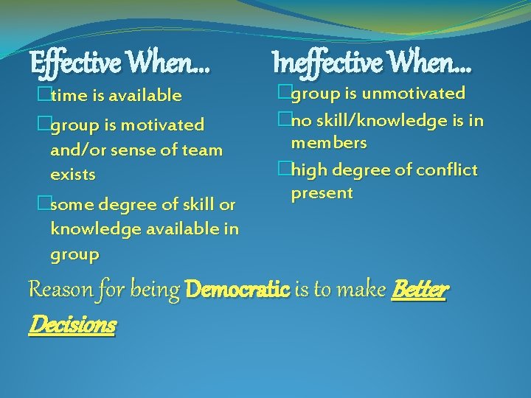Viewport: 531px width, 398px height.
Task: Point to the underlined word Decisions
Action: (x=72, y=324)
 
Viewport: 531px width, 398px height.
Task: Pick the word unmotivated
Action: (x=414, y=94)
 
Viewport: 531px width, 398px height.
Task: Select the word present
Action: (x=322, y=194)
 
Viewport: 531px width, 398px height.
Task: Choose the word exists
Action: (x=73, y=175)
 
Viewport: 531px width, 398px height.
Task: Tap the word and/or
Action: (x=77, y=150)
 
